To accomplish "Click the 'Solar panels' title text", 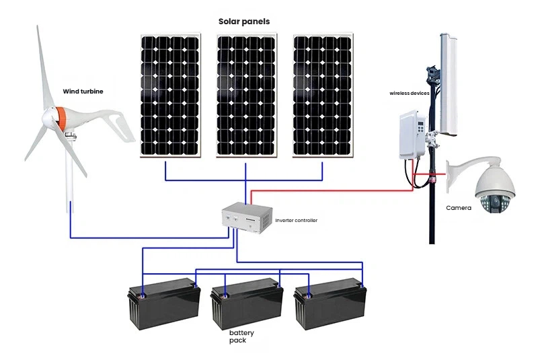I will point(243,22).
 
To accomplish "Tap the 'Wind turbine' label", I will point(83,92).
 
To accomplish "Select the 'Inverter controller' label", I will point(296,221).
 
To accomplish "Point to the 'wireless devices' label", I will point(408,94).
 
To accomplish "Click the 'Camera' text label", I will point(459,208).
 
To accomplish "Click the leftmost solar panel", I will point(170,95).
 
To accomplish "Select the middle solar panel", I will point(245,95).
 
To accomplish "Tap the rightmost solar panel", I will point(322,95).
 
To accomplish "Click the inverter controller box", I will point(247,219).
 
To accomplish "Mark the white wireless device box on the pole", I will point(411,133).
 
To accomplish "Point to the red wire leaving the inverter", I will point(323,190).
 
